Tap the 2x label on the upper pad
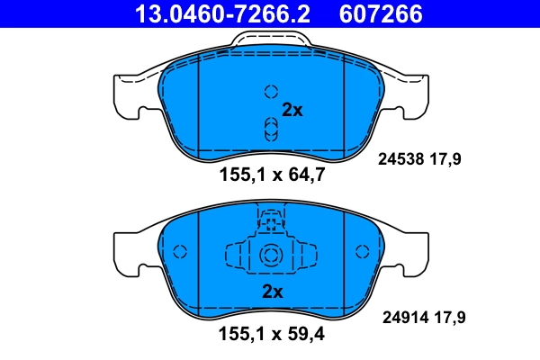(x=292, y=111)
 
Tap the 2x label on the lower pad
(x=272, y=292)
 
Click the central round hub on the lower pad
(x=271, y=256)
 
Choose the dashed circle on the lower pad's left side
(x=178, y=252)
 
